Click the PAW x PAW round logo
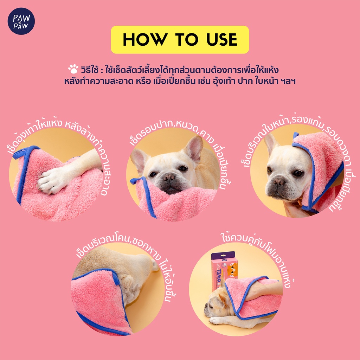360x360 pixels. (x=21, y=21)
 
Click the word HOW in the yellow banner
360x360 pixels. (x=144, y=39)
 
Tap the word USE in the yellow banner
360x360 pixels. (x=221, y=39)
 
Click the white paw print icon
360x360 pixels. (x=73, y=69)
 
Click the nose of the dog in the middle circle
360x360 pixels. (x=169, y=177)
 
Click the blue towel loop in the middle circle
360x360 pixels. (x=137, y=180)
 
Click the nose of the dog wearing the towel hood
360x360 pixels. (x=279, y=182)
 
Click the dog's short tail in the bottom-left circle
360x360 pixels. (x=155, y=265)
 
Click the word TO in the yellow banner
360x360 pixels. (x=186, y=39)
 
